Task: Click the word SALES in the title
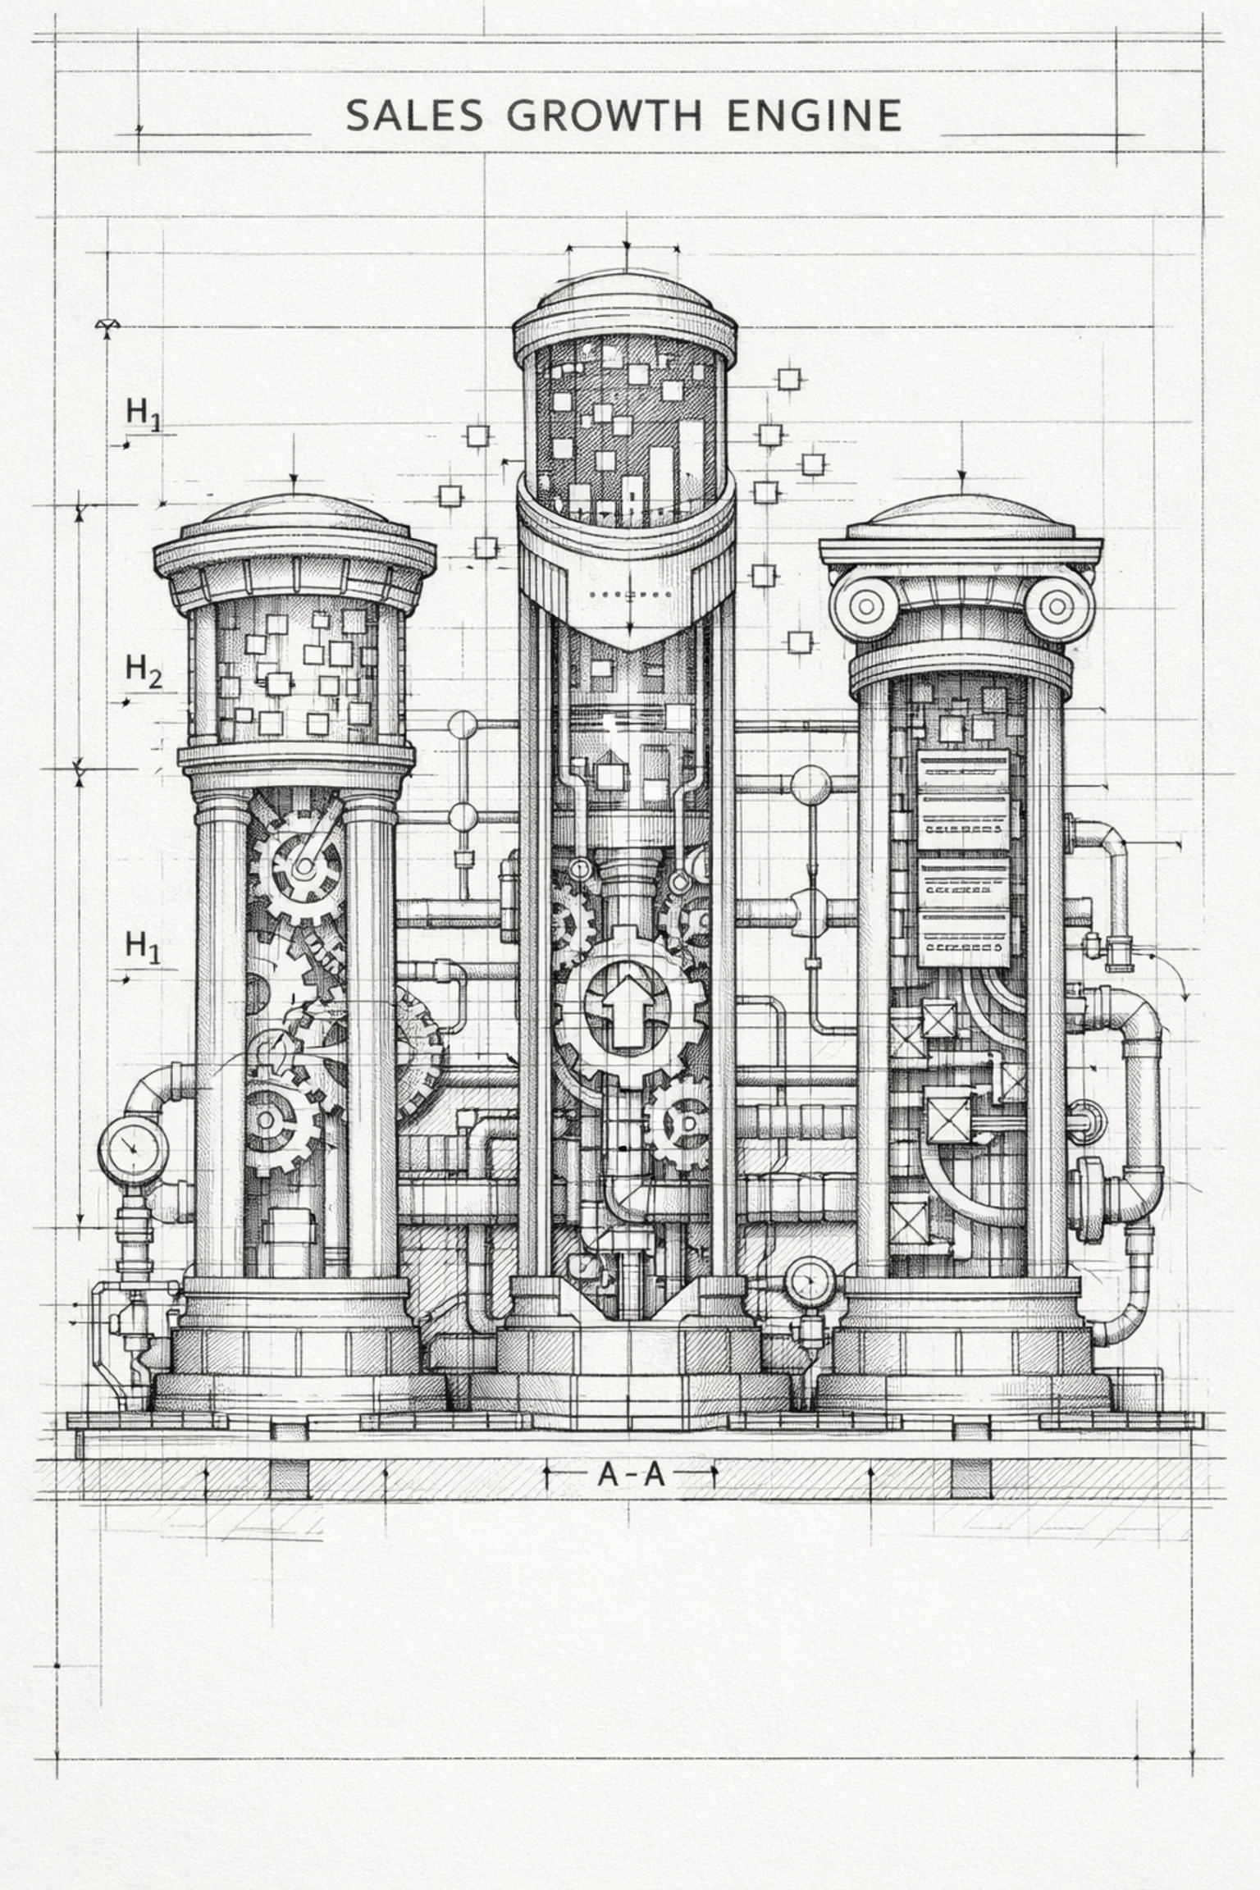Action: [414, 116]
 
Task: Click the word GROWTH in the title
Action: [604, 116]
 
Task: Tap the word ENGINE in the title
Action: [814, 116]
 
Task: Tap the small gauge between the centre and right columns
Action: [810, 1282]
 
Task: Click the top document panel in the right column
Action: [962, 800]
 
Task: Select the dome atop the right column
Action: [961, 514]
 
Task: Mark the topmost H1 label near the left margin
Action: [144, 413]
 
